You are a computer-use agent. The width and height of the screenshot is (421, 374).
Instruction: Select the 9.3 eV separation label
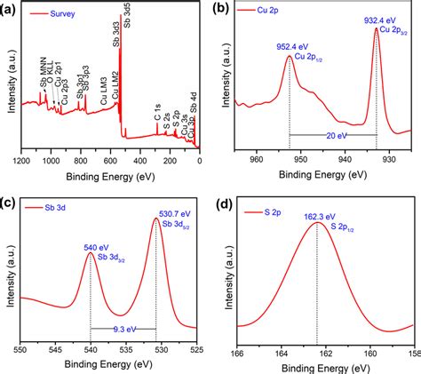123,329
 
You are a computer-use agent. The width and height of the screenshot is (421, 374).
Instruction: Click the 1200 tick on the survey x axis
24,163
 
